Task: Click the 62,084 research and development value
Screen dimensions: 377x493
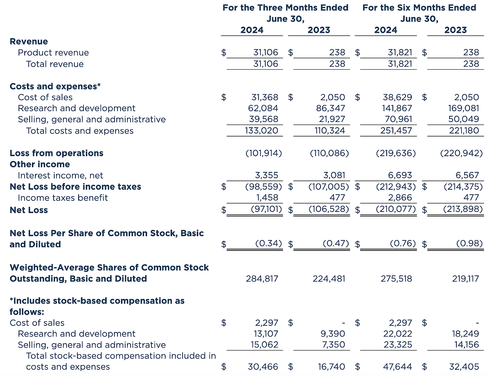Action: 263,108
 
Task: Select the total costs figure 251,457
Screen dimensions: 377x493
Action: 397,131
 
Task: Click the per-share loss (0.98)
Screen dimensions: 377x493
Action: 469,244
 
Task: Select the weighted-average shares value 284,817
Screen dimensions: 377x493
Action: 262,279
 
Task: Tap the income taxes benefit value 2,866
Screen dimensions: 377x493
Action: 400,198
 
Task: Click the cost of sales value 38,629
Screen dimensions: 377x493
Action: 397,97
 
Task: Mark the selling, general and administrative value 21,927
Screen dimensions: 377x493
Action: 330,120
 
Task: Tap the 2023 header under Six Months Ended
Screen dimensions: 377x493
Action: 455,30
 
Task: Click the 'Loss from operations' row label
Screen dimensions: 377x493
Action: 57,153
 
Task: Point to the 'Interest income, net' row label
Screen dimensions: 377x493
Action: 60,175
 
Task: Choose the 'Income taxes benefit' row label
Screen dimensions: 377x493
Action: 63,198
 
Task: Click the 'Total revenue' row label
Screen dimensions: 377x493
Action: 55,64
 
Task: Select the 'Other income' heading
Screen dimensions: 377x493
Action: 40,164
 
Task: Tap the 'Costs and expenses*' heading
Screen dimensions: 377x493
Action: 55,86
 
